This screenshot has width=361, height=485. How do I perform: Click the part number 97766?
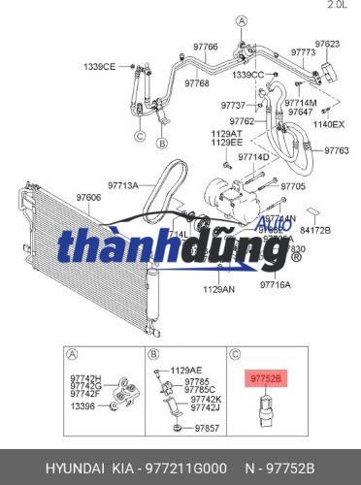point(205,47)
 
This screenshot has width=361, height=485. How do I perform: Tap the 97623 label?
point(327,44)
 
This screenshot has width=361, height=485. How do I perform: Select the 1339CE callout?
point(98,66)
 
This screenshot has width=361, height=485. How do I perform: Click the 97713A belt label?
point(123,183)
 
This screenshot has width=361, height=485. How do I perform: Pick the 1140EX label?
point(330,124)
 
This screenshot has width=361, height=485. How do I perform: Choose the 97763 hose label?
point(336,150)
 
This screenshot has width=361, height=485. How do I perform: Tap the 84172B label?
point(315,230)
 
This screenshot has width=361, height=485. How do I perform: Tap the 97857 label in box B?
point(205,427)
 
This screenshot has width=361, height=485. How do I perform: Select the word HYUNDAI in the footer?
point(43,467)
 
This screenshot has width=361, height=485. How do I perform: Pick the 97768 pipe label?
point(197,83)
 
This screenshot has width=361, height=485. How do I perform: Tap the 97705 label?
point(292,185)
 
